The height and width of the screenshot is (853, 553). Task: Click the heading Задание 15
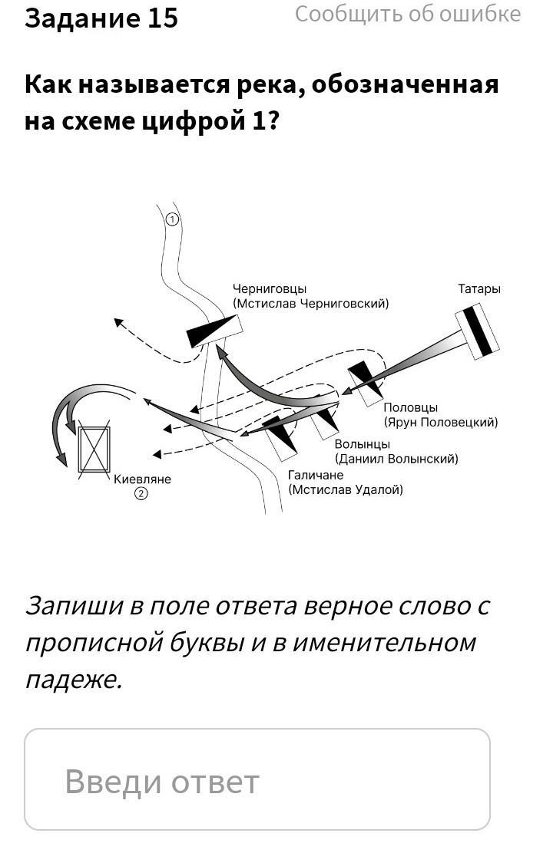[101, 18]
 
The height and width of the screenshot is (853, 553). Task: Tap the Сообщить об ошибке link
[407, 14]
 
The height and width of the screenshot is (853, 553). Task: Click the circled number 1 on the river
[172, 219]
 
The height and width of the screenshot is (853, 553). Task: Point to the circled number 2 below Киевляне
[141, 494]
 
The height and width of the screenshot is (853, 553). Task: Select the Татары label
[479, 289]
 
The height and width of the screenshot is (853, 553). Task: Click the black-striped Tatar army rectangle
[477, 331]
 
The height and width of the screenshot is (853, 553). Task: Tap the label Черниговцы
[270, 289]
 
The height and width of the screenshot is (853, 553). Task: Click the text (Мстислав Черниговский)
[311, 304]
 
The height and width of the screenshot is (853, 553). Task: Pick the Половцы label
[410, 408]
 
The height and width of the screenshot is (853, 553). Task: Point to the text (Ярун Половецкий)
[440, 422]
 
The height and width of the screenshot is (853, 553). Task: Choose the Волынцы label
[362, 444]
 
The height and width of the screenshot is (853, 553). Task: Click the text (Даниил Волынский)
[396, 459]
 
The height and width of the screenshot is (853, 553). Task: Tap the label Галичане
[316, 475]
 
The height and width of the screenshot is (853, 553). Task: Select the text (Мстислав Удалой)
[345, 489]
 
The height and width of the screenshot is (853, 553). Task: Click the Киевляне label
[143, 479]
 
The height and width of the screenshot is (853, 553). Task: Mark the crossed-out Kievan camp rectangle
[94, 449]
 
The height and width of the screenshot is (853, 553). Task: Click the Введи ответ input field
[257, 780]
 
